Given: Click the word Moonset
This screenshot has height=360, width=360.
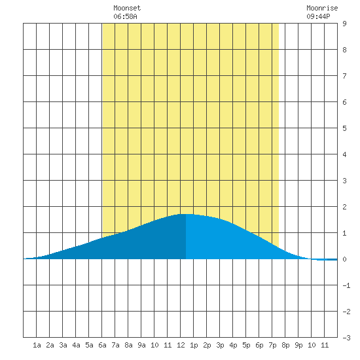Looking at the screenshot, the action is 127,8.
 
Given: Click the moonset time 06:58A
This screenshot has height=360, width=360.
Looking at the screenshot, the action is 125,16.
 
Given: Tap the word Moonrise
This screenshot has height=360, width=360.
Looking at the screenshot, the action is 322,8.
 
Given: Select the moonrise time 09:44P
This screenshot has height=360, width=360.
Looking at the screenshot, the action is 318,16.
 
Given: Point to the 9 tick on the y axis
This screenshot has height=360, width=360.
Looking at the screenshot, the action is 344,24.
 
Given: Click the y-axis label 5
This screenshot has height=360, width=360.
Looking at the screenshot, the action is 344,128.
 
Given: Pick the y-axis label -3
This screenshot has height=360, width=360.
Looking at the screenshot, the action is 346,338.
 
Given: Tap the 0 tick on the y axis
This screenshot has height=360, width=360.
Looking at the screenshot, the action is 344,259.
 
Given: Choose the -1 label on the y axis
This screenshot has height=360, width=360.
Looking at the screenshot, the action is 346,285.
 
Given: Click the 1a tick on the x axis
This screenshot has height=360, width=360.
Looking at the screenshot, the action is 37,345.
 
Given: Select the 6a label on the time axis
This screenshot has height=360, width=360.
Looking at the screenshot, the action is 102,345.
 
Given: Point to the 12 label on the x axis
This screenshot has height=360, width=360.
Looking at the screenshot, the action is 181,345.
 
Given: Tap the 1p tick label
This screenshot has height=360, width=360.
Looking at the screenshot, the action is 194,346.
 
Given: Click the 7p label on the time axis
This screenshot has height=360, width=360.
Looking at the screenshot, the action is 272,346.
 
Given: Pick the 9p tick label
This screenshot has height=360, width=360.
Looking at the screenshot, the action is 298,346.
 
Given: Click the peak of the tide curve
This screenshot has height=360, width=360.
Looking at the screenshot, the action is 187,214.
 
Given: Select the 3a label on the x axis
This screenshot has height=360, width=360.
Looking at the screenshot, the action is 63,345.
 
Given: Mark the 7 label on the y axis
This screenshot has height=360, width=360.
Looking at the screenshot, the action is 344,76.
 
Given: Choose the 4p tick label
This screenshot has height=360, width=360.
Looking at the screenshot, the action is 233,346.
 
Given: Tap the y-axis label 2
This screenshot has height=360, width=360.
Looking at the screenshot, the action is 344,207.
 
